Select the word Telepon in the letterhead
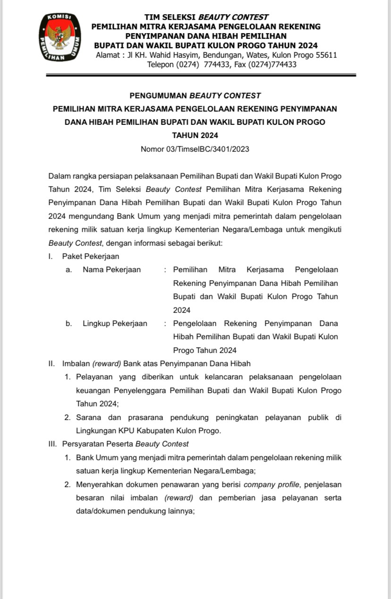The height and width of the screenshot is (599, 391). (161, 65)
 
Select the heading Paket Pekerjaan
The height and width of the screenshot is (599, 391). (91, 257)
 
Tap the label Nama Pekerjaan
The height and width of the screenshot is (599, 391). (111, 270)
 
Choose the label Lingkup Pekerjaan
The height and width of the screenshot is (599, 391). (115, 324)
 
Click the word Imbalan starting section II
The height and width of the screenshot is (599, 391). (76, 363)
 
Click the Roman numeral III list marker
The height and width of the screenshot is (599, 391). (52, 444)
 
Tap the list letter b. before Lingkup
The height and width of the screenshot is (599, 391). (69, 324)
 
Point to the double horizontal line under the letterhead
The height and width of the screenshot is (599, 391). (201, 75)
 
